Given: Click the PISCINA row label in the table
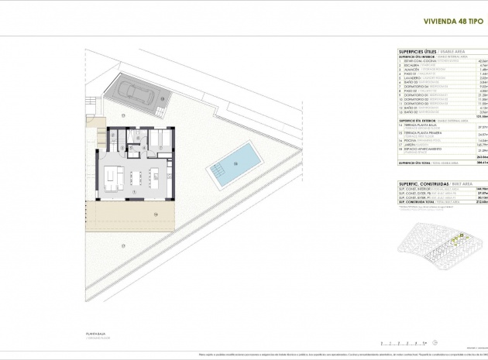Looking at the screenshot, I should coord(403,140).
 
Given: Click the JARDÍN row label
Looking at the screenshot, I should coord(400,145).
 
